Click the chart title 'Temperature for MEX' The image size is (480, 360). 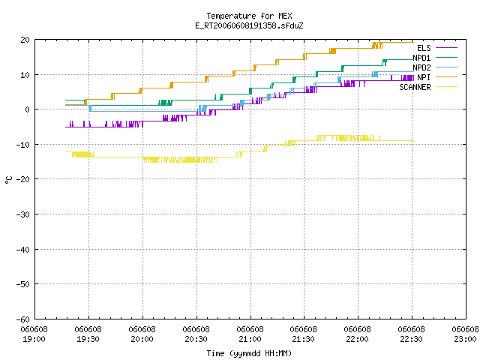click(249, 16)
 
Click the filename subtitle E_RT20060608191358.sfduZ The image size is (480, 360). click(249, 25)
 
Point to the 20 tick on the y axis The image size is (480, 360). click(25, 40)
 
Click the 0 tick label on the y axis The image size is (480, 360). click(28, 109)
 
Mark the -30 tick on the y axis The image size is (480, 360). click(23, 214)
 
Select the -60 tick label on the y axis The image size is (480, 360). click(23, 319)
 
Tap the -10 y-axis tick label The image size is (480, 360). click(23, 145)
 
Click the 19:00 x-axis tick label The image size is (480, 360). click(34, 334)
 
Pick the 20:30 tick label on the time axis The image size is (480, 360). click(196, 334)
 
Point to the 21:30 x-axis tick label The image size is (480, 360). click(303, 334)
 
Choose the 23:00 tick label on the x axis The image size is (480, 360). click(465, 334)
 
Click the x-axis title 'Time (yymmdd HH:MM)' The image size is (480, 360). click(249, 353)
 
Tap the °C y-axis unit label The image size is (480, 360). click(9, 180)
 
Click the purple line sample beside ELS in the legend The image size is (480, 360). click(446, 48)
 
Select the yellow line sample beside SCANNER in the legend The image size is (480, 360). click(446, 87)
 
